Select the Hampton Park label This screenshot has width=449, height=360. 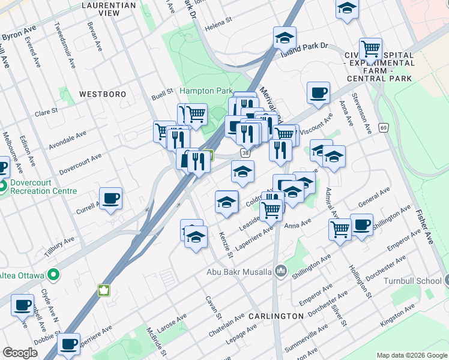(x=206, y=91)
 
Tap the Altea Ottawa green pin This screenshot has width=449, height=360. (x=53, y=275)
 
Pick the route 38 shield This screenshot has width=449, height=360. (x=246, y=153)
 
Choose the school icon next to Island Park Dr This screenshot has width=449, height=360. (x=285, y=38)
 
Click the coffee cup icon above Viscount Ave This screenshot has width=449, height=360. (x=318, y=93)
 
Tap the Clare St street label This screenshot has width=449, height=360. (x=46, y=112)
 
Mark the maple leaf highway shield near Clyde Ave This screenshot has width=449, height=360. (x=104, y=290)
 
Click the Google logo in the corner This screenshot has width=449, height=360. (x=20, y=353)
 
